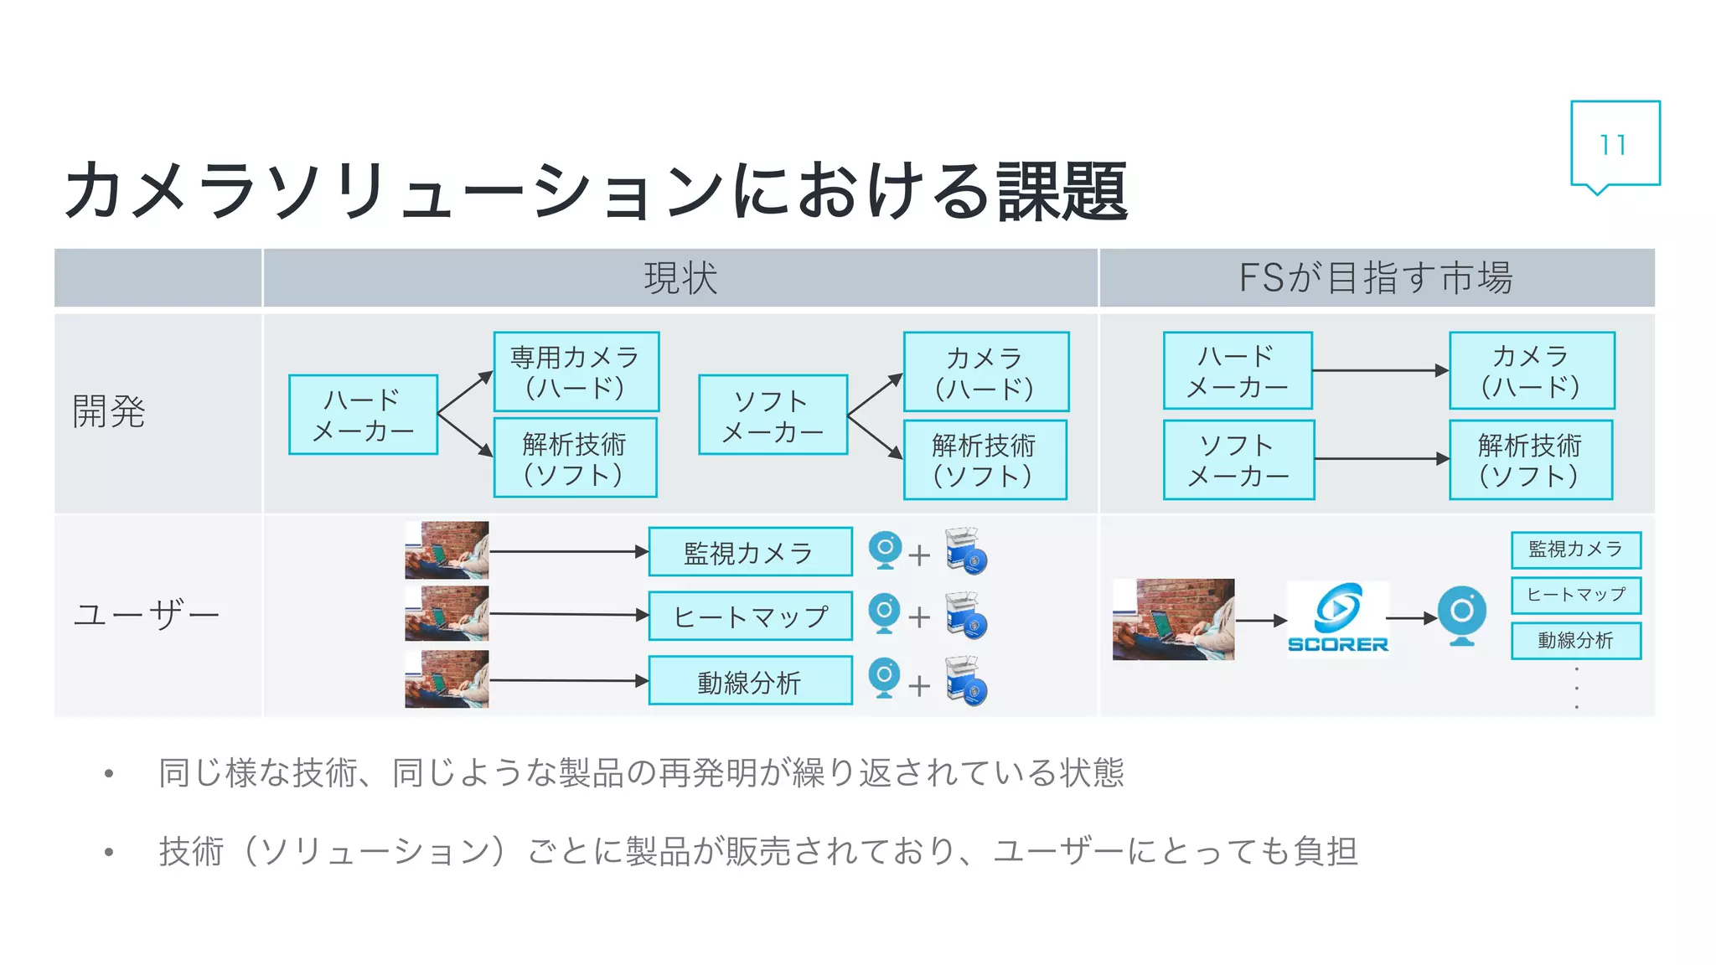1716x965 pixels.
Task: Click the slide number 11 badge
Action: coord(1614,144)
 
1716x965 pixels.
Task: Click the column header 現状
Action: coord(680,278)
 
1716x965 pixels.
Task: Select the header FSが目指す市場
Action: coord(1376,278)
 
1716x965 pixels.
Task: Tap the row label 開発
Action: coord(109,411)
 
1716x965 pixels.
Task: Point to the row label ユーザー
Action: coord(146,615)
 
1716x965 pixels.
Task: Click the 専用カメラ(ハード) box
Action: coord(576,372)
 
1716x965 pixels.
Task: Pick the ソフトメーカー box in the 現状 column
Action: coord(773,415)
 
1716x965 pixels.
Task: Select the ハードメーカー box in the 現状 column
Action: coord(363,415)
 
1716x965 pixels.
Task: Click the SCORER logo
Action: coord(1337,618)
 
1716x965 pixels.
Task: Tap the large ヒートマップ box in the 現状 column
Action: coord(750,617)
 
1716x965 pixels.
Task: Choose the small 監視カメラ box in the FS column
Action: coord(1575,550)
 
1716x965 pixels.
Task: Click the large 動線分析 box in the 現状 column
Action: coord(750,681)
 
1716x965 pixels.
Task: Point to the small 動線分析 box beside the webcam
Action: coord(1575,641)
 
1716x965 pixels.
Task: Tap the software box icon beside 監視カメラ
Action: coord(966,550)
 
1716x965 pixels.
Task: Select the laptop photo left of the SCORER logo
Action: coord(1173,619)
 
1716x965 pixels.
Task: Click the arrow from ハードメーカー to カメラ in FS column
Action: coord(1379,370)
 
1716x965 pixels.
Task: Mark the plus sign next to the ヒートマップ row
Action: coord(919,618)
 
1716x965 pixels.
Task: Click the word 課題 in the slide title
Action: coord(1062,192)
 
